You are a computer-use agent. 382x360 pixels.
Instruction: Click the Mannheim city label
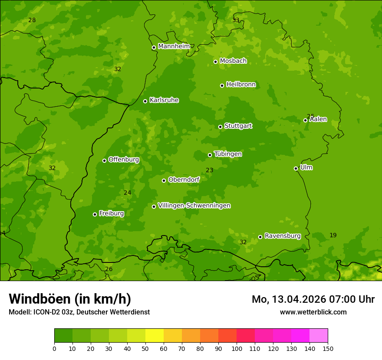(174, 46)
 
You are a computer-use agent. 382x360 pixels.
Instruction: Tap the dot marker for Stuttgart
(220, 127)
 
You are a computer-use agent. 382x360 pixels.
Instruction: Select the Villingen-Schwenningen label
(194, 206)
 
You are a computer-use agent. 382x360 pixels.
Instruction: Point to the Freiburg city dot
(95, 214)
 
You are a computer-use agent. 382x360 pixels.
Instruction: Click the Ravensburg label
(283, 236)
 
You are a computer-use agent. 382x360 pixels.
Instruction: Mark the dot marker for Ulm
(296, 168)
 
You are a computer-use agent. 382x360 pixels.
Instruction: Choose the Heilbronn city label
(241, 85)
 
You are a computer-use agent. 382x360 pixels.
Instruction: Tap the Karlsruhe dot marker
(145, 101)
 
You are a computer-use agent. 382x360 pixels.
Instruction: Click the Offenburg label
(124, 160)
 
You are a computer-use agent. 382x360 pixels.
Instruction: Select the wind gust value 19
(333, 235)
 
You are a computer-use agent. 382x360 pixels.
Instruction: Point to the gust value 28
(32, 20)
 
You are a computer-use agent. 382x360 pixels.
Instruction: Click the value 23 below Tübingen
(209, 170)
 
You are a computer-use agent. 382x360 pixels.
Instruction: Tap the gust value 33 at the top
(236, 20)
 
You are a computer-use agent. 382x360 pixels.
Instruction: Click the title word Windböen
(40, 299)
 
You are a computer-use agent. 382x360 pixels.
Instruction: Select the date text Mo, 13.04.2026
(290, 299)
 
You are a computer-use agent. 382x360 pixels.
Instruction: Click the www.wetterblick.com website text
(313, 312)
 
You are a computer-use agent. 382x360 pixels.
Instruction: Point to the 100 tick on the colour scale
(237, 348)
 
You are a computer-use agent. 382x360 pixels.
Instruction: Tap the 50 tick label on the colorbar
(145, 348)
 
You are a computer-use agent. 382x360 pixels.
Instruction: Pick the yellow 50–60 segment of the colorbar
(155, 336)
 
